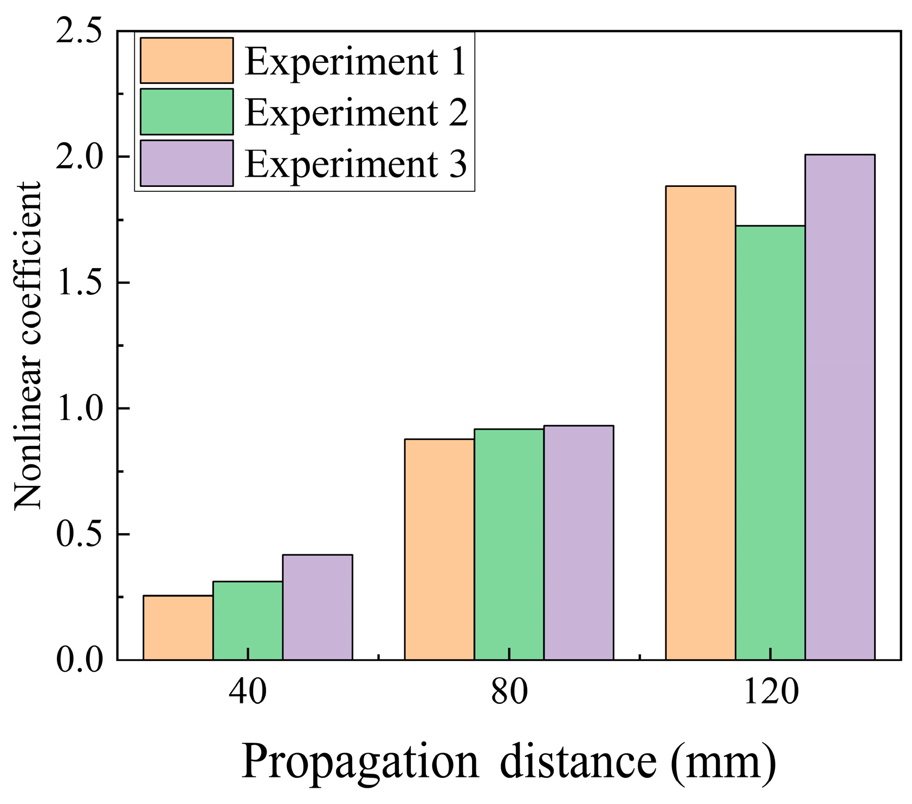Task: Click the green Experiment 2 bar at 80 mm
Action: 509,544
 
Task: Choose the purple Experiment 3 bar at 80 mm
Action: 579,542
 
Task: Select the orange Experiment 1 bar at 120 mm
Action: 701,423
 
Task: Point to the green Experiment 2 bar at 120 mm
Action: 770,442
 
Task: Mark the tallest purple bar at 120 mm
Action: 840,407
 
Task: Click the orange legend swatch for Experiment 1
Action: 186,60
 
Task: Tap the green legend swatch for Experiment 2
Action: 186,112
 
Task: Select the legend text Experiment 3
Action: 355,164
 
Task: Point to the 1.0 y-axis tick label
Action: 79,409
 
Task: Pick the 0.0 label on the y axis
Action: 79,660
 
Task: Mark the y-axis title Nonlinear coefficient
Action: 27,346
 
